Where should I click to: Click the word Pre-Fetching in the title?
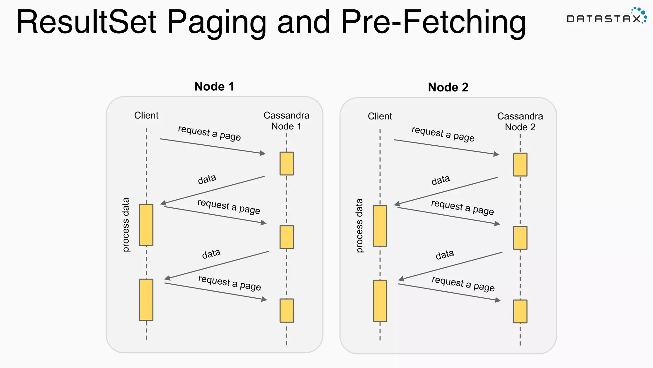(433, 22)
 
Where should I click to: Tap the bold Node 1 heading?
(214, 87)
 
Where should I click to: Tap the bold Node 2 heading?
(448, 88)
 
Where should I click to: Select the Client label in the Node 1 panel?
(146, 115)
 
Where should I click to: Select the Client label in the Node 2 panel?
(380, 116)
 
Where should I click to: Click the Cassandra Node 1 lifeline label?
(286, 121)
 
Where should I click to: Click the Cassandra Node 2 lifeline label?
(520, 122)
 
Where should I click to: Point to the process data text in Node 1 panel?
(126, 225)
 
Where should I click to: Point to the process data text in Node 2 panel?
(360, 226)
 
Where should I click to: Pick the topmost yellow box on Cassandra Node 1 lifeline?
(286, 164)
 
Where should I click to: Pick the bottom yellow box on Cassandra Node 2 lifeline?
(520, 311)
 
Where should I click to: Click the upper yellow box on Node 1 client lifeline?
(146, 225)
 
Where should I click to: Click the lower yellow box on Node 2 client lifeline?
(380, 301)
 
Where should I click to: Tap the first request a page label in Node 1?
(209, 133)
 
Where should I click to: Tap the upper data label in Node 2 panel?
(441, 180)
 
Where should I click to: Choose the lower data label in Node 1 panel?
(211, 254)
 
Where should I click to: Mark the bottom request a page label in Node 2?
(463, 284)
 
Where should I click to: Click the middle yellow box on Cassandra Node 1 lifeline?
(286, 237)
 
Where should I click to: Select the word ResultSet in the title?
(86, 22)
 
